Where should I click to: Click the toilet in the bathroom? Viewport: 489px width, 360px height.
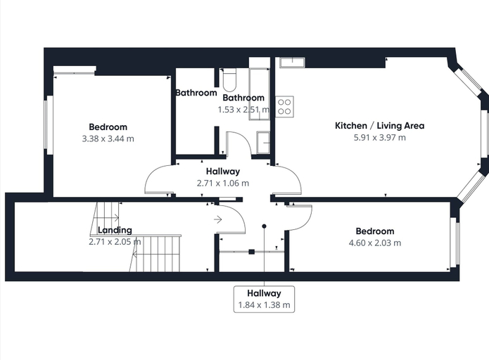[x=230, y=79]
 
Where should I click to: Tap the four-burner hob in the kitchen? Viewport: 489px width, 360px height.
[x=284, y=107]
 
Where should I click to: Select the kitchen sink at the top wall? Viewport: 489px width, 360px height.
[x=292, y=63]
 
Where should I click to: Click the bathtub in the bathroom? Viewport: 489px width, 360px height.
[x=259, y=94]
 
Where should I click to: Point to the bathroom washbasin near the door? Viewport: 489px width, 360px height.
[x=263, y=143]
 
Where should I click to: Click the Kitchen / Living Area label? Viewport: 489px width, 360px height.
[x=379, y=126]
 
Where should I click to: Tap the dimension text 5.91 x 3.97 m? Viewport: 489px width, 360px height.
[x=379, y=137]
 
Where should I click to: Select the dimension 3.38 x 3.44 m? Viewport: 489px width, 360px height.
[x=108, y=139]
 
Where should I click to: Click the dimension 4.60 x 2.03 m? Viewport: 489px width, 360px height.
[x=375, y=243]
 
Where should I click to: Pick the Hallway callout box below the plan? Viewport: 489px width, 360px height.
[x=264, y=299]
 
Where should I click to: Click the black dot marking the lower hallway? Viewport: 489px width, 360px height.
[x=264, y=226]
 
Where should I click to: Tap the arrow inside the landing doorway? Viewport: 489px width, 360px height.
[x=217, y=219]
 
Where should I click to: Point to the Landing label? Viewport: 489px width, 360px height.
[x=115, y=230]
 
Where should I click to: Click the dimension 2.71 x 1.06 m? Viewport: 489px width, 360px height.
[x=223, y=183]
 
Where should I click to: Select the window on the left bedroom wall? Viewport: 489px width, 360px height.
[x=49, y=124]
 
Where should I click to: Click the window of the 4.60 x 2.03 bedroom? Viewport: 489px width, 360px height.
[x=455, y=242]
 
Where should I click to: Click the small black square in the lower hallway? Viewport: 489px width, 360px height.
[x=252, y=252]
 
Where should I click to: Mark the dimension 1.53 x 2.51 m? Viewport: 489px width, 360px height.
[x=243, y=110]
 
